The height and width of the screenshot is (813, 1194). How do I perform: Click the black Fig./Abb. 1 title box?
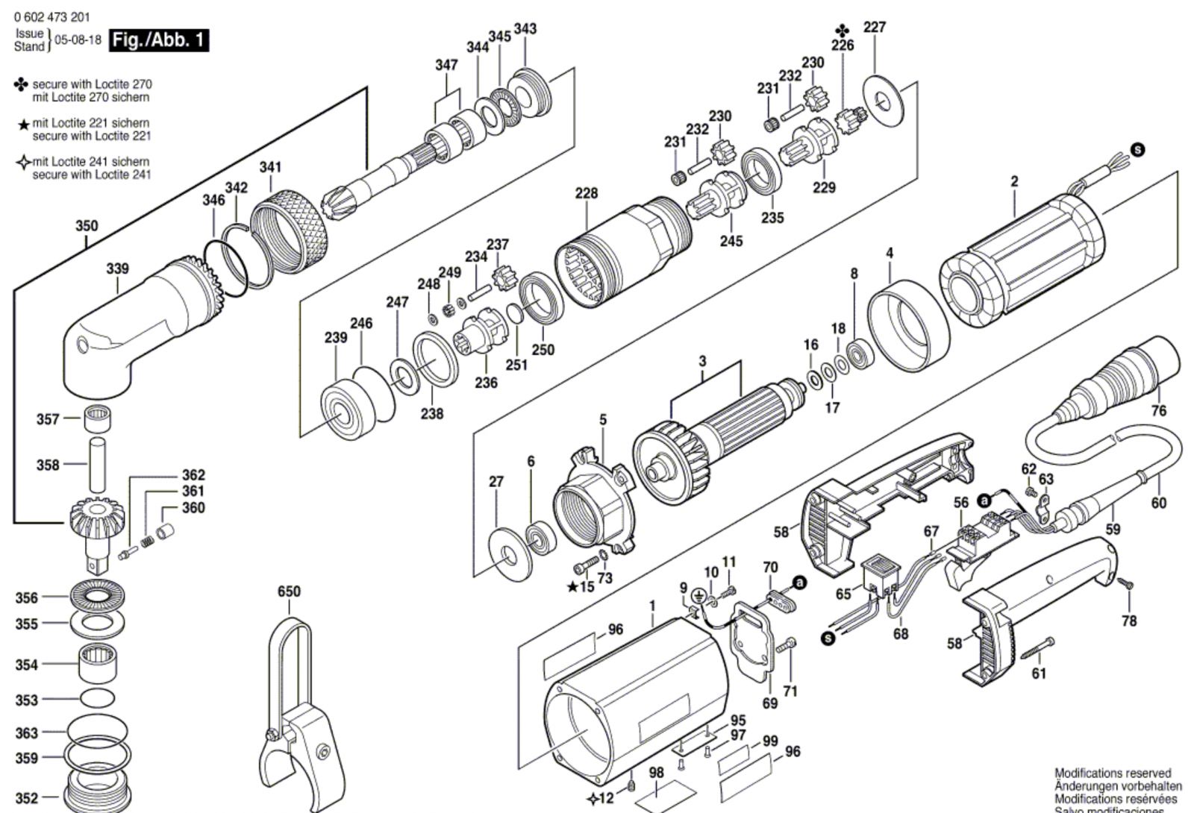tap(159, 40)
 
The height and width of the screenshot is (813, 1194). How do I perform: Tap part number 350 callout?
tap(87, 226)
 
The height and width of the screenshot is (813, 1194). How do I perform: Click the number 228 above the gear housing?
tap(587, 193)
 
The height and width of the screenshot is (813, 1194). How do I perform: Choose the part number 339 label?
tap(117, 269)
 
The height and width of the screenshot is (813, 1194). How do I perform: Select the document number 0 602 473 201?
tap(51, 17)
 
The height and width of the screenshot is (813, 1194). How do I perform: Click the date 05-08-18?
tap(78, 40)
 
